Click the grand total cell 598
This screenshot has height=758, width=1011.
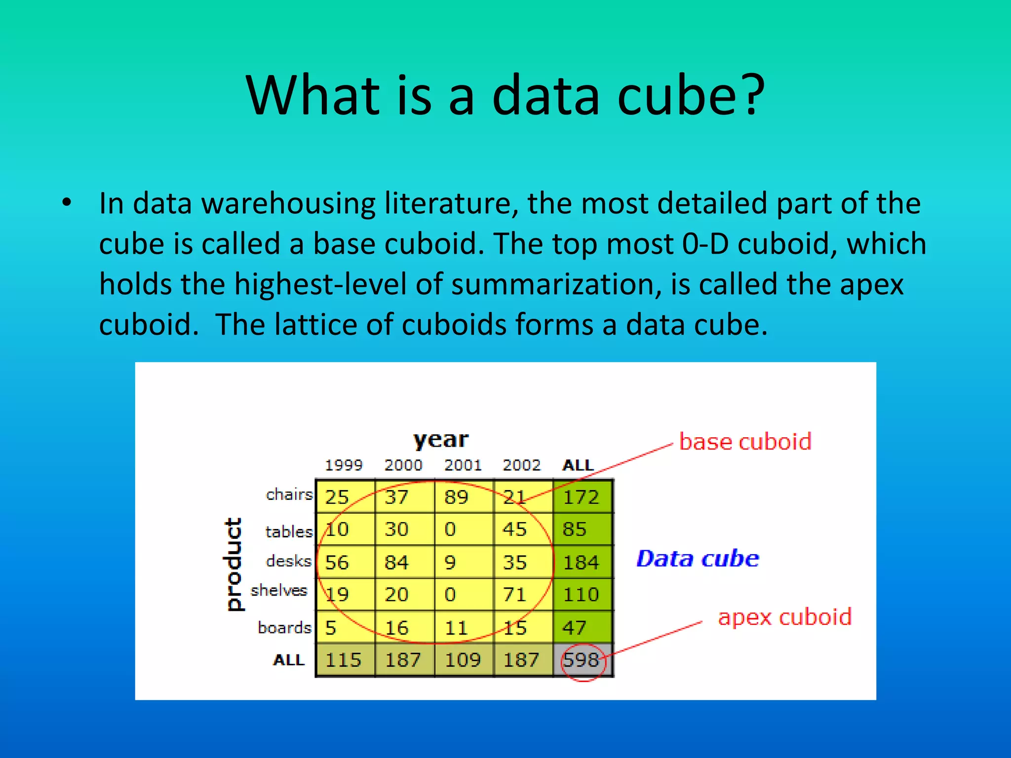[582, 660]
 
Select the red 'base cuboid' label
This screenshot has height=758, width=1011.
[745, 442]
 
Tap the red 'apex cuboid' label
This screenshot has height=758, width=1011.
[784, 617]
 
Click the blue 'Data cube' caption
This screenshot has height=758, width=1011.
[697, 559]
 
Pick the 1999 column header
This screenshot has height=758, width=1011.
[344, 465]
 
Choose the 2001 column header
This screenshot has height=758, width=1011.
[463, 465]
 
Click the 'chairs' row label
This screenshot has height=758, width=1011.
[289, 494]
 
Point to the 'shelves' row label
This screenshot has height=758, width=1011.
[279, 590]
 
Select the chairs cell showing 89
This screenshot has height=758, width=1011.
[456, 497]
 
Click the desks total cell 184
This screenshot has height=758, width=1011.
[581, 562]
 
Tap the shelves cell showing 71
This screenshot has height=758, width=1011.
[514, 594]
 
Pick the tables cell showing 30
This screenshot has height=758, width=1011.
[396, 529]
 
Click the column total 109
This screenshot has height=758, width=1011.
[463, 660]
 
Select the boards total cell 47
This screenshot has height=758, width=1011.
[574, 628]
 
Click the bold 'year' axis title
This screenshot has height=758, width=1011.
[441, 439]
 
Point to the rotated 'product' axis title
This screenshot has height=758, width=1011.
[233, 564]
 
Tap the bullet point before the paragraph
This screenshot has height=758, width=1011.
[67, 203]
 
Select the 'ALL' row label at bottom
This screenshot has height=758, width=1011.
[289, 660]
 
